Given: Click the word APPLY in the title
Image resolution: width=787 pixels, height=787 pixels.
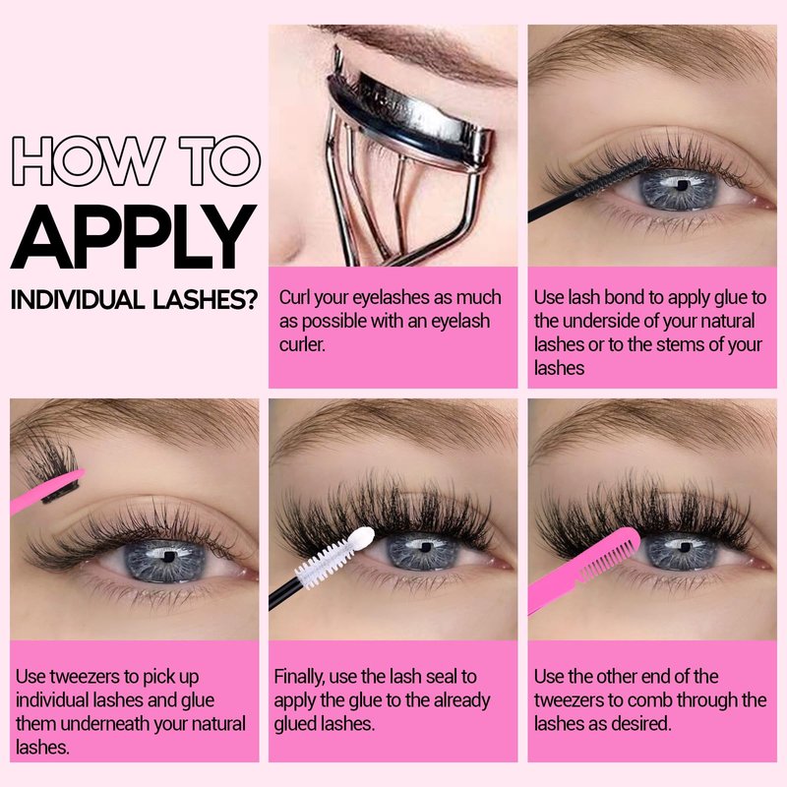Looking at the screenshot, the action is coord(134,237).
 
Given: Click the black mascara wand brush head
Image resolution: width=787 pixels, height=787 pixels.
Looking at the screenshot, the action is coord(613,178).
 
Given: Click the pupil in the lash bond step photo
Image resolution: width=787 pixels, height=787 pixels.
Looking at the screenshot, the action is coord(681,186).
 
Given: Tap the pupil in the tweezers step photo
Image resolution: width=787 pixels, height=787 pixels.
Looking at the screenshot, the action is coord(169,557).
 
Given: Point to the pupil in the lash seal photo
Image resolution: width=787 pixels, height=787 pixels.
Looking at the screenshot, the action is coord(425,547).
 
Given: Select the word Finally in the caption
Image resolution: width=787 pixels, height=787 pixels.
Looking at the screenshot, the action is coord(300,677).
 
